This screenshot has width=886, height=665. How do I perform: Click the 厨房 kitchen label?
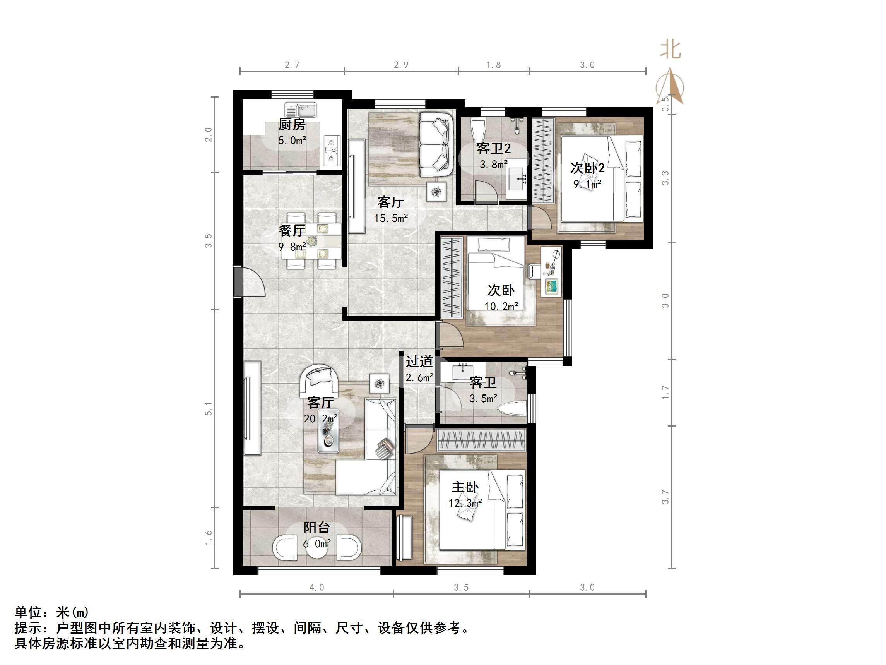[292, 125]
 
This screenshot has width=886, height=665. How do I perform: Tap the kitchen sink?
[300, 110]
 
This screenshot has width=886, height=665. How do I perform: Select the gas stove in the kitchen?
[331, 150]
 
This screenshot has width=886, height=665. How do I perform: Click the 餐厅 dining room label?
[292, 230]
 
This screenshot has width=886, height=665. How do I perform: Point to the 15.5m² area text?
[391, 218]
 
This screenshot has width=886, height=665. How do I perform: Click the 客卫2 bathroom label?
[493, 149]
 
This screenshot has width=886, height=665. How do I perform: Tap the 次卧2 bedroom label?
[587, 168]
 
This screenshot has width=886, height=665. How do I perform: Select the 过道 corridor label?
[419, 362]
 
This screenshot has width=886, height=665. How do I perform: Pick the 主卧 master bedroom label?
[465, 487]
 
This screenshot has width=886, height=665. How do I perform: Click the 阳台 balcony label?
[316, 528]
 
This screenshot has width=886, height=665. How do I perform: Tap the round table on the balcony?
[317, 546]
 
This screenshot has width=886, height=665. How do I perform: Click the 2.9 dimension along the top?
[401, 65]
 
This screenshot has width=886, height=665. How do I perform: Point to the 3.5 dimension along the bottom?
[461, 588]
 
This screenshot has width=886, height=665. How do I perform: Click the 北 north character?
[670, 50]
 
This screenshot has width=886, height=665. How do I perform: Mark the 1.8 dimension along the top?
[493, 65]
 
